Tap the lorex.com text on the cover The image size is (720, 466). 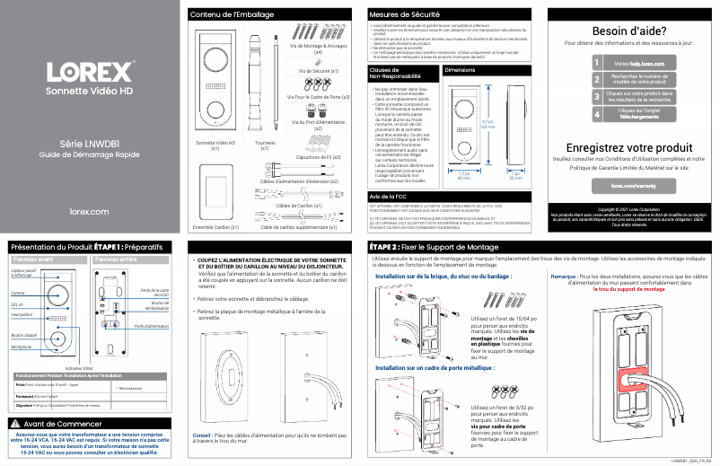(x=89, y=211)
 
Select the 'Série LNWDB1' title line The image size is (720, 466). (x=90, y=144)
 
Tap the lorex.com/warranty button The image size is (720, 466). (x=628, y=185)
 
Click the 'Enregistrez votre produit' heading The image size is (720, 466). (x=628, y=147)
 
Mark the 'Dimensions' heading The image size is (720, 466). (x=460, y=69)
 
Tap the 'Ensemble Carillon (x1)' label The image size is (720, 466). (x=215, y=227)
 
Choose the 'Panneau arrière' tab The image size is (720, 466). (x=118, y=259)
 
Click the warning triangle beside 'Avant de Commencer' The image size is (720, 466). (x=14, y=423)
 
